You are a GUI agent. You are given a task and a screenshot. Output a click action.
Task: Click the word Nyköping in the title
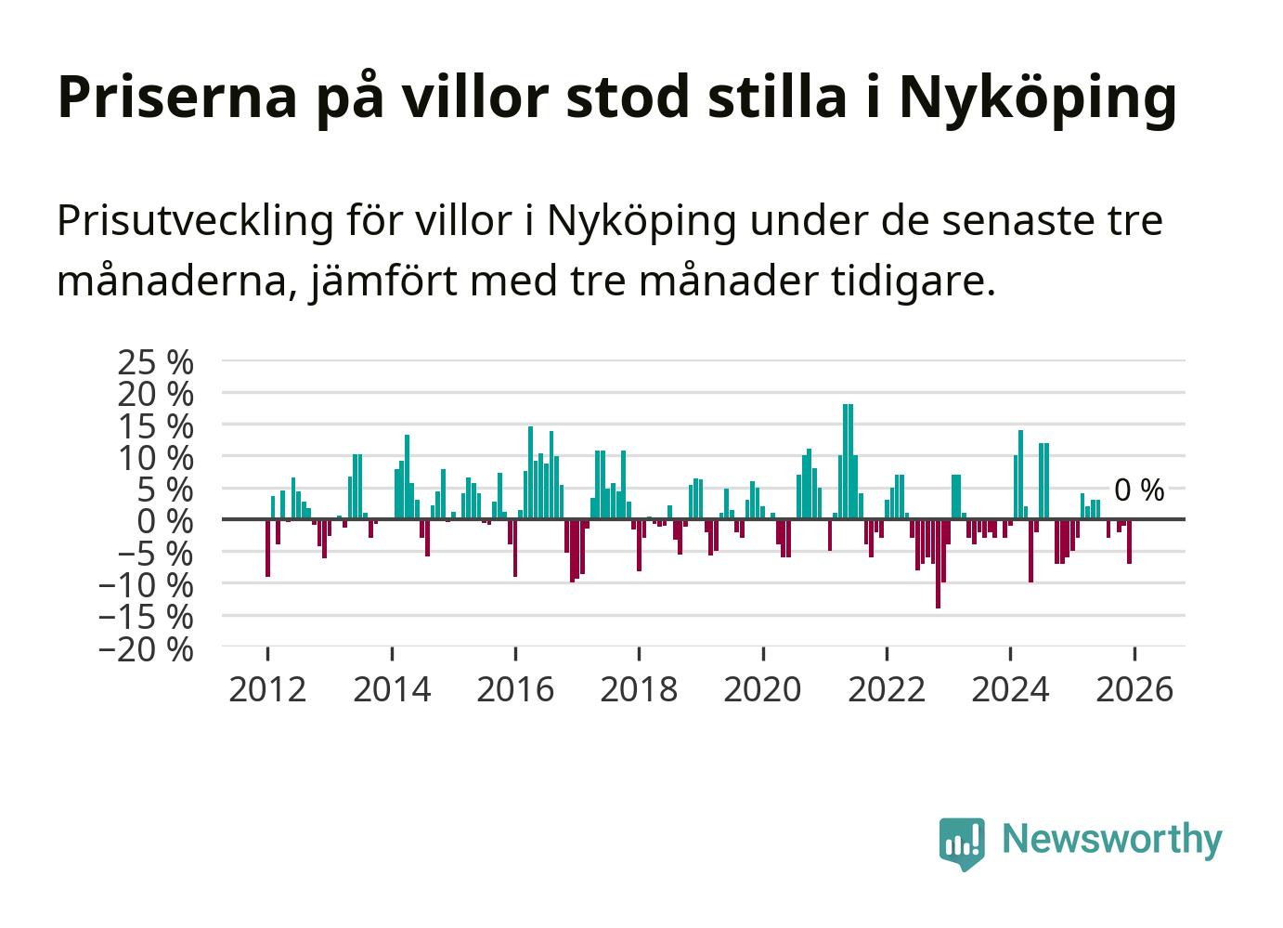click(x=1038, y=98)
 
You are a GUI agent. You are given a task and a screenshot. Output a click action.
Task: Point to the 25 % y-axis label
click(x=155, y=361)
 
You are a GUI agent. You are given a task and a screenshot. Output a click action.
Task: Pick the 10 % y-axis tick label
click(x=155, y=457)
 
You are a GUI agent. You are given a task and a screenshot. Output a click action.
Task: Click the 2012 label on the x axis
click(x=267, y=690)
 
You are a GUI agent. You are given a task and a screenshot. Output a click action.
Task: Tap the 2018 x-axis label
click(x=639, y=690)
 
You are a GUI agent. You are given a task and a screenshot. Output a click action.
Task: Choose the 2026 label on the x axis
click(x=1134, y=690)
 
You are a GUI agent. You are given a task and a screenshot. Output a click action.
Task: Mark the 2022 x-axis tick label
click(x=887, y=690)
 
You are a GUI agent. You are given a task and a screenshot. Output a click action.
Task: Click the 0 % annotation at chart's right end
click(x=1138, y=490)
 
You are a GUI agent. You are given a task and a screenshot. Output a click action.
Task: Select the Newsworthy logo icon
click(x=961, y=843)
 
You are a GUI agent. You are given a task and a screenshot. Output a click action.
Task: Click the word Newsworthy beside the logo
click(x=1112, y=839)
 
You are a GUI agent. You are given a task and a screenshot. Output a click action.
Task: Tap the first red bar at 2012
click(x=267, y=548)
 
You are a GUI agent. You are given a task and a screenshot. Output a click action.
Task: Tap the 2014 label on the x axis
click(x=392, y=690)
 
